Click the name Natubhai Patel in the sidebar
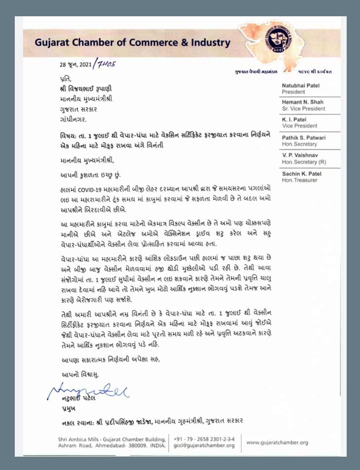coord(301,85)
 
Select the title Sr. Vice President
coord(303,108)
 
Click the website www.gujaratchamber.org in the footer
coord(277,442)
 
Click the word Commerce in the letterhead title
coord(146,43)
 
